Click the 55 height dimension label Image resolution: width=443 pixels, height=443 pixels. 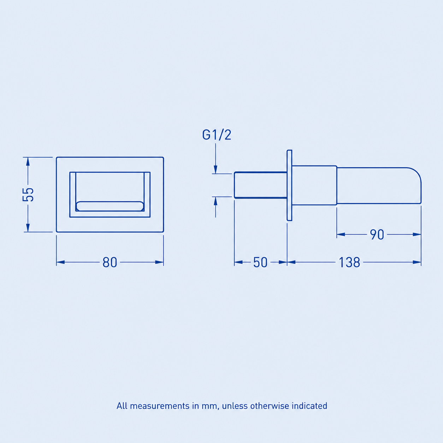28,195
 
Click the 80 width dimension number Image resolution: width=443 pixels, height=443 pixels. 110,262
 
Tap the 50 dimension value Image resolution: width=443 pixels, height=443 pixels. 260,262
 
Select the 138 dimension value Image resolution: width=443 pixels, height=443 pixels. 349,262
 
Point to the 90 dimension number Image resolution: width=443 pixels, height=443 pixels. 377,235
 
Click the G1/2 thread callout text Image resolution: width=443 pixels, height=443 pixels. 217,135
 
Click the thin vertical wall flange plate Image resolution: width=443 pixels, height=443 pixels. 289,185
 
